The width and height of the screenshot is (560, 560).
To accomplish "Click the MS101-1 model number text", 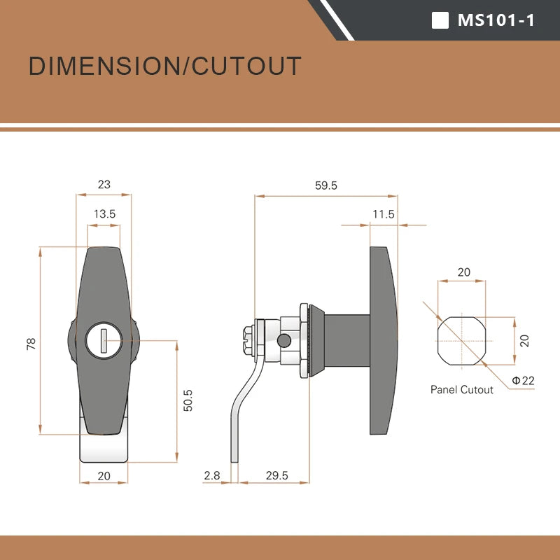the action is [x=496, y=20].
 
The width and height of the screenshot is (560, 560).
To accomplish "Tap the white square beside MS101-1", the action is [x=440, y=20].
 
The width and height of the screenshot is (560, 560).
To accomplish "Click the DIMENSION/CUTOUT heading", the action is [x=164, y=66].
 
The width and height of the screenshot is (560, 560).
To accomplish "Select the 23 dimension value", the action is [x=104, y=185].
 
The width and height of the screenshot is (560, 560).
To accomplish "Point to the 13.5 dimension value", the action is [x=104, y=214].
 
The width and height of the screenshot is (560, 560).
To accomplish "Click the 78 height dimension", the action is [x=31, y=344].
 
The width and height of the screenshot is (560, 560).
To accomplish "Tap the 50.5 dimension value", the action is [x=188, y=400].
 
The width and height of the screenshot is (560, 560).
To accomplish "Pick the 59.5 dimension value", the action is [x=325, y=185].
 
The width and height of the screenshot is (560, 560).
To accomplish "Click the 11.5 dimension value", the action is [x=383, y=214].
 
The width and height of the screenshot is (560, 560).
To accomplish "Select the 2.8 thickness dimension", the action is [x=212, y=475].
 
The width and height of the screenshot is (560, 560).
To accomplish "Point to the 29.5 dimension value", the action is [x=276, y=475].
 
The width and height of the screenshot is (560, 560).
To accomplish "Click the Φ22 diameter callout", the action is [x=523, y=380].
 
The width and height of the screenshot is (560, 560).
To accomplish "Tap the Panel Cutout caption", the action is [x=461, y=390].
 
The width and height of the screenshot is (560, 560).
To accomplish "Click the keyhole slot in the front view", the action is [x=104, y=341].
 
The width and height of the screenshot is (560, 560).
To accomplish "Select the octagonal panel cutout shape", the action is [x=462, y=341].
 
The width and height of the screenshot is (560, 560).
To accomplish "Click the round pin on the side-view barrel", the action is [x=284, y=341].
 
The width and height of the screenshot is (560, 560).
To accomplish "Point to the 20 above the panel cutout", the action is [x=463, y=272].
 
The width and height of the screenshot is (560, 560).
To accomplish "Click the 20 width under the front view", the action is [x=104, y=476].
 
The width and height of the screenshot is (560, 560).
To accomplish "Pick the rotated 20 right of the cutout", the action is [x=524, y=341].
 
